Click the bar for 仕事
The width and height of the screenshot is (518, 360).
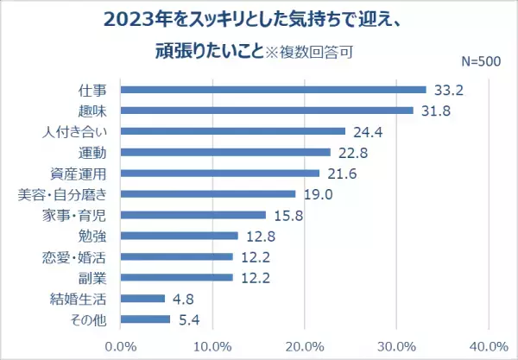[273, 90]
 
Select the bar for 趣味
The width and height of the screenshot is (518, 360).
[267, 111]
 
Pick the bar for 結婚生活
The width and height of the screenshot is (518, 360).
[142, 299]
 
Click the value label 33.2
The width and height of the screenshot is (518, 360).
[447, 90]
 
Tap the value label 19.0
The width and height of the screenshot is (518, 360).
[317, 194]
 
